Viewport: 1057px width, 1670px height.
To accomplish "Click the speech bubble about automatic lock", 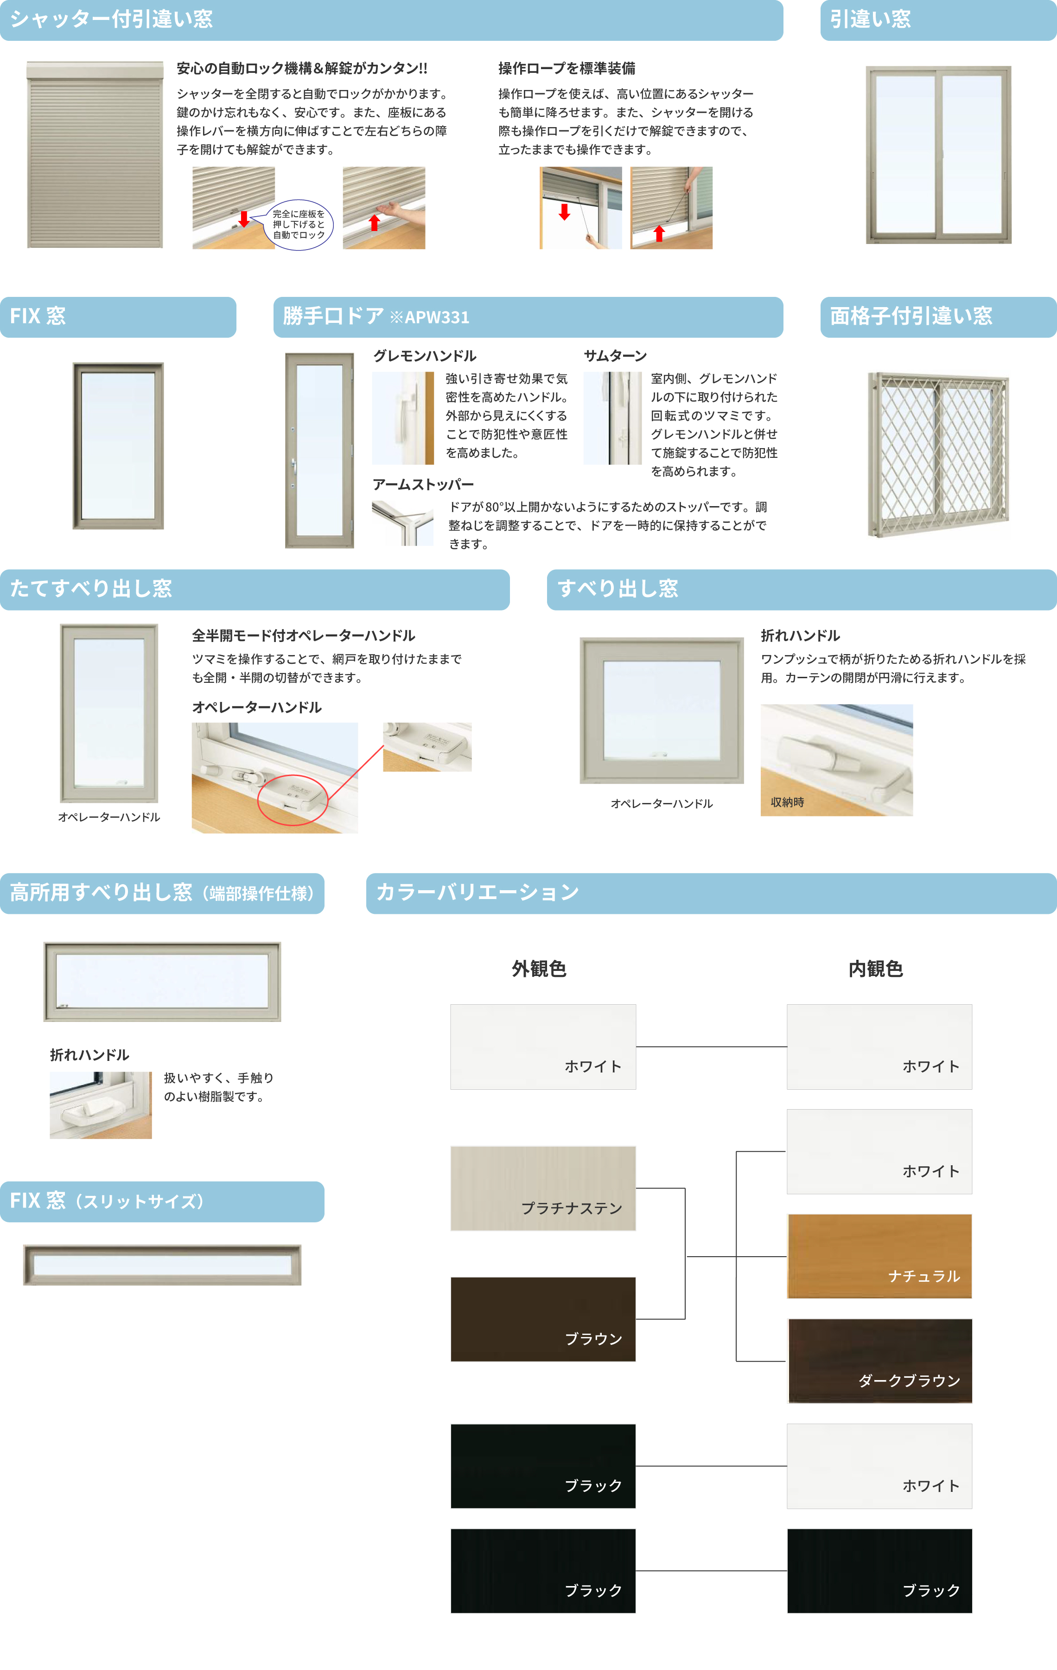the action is [x=298, y=225].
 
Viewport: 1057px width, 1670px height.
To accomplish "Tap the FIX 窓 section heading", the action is [x=38, y=316].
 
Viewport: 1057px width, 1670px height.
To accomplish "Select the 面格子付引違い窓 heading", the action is [x=911, y=316].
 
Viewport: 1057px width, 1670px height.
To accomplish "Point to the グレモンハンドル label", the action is [x=424, y=356].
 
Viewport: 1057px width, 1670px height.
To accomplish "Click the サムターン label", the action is [x=615, y=356].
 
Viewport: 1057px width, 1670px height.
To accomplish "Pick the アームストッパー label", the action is [x=423, y=484].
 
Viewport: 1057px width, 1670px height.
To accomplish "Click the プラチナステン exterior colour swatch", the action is [x=543, y=1188].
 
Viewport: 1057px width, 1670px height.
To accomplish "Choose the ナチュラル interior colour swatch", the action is [x=879, y=1256].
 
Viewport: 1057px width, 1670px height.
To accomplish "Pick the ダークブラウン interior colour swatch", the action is [x=879, y=1361].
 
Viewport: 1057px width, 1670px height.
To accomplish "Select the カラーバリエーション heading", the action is [x=477, y=893].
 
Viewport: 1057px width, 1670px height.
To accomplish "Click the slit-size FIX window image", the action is [x=162, y=1265].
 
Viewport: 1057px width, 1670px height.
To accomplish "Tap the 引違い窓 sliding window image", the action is [x=938, y=154].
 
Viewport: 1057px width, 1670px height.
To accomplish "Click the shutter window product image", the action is [x=95, y=154].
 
